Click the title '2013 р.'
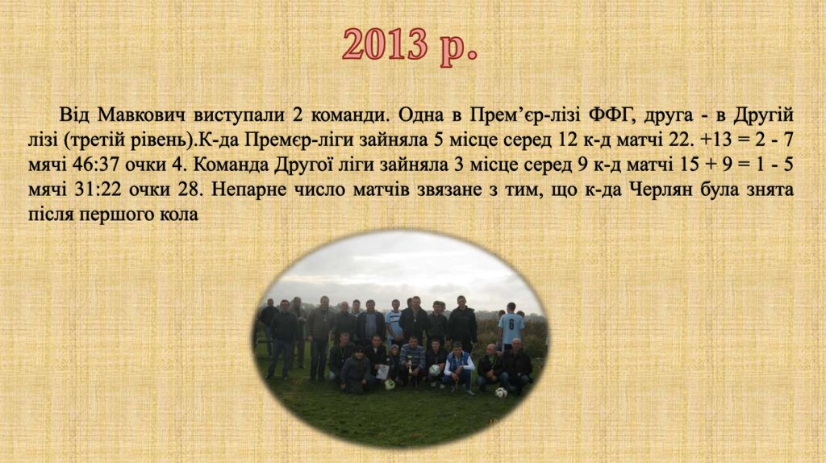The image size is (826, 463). [x=409, y=45]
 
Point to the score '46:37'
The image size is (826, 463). [x=94, y=165]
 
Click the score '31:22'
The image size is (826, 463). [x=94, y=191]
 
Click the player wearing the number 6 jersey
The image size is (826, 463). [x=510, y=329]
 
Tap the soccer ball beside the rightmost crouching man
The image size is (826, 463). [x=501, y=392]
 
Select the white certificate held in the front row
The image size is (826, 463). [x=383, y=372]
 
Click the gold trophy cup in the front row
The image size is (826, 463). [x=409, y=367]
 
